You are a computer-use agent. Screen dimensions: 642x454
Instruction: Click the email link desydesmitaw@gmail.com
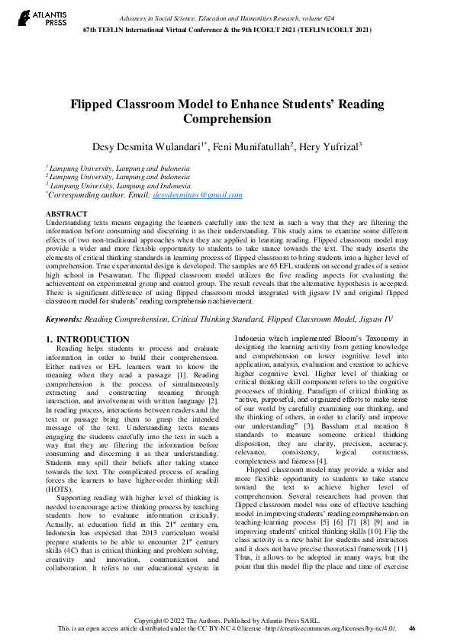198,195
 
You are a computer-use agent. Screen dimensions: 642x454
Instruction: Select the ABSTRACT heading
66,214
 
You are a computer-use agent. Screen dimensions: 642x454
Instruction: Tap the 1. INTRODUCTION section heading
87,339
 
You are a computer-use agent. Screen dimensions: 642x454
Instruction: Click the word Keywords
63,319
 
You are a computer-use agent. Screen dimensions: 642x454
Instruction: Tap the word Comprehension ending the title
227,120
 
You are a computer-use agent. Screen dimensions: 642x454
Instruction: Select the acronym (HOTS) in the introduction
60,485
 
